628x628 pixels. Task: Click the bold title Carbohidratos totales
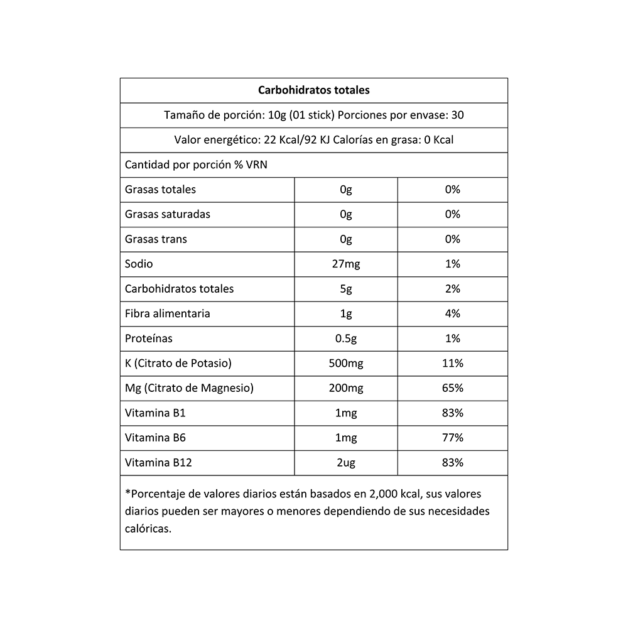pos(314,90)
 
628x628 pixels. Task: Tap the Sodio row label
pos(139,264)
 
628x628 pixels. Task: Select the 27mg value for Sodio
pos(345,264)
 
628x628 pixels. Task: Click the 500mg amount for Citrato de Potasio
pos(345,363)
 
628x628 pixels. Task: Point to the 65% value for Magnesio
pos(453,388)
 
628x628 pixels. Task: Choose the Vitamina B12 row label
pos(158,463)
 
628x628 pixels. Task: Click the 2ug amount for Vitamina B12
pos(345,463)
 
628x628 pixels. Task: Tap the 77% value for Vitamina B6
pos(453,438)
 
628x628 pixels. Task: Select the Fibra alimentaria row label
pos(168,313)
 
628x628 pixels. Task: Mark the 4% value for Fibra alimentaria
pos(453,313)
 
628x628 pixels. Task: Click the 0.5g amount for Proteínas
pos(346,338)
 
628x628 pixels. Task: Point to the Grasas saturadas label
pos(168,214)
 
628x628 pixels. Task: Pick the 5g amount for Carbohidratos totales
pos(345,289)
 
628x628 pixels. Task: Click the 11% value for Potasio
pos(453,363)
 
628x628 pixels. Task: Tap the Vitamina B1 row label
pos(156,413)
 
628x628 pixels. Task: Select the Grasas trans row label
pos(156,239)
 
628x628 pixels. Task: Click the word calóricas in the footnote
pos(147,529)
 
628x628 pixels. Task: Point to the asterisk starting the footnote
pos(127,493)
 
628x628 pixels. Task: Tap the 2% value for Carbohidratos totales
pos(453,289)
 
